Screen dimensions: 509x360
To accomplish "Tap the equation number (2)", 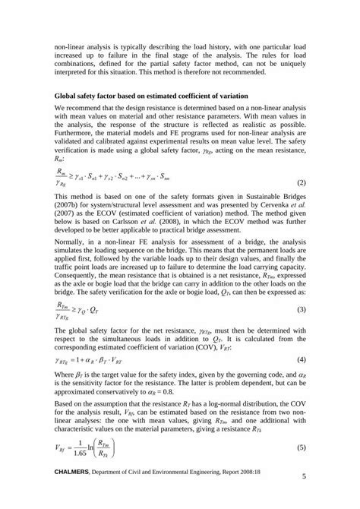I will (x=301, y=205).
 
